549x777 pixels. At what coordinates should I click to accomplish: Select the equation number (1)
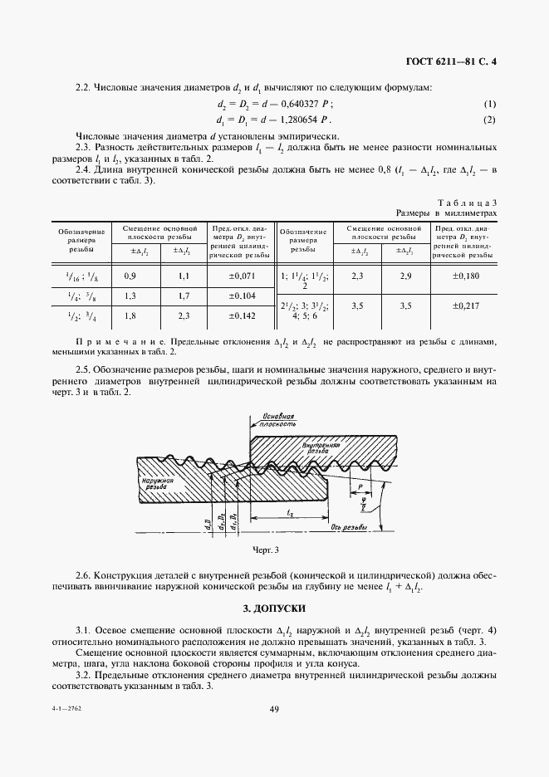[x=489, y=104]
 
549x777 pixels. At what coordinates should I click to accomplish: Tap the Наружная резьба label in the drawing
[x=157, y=483]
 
